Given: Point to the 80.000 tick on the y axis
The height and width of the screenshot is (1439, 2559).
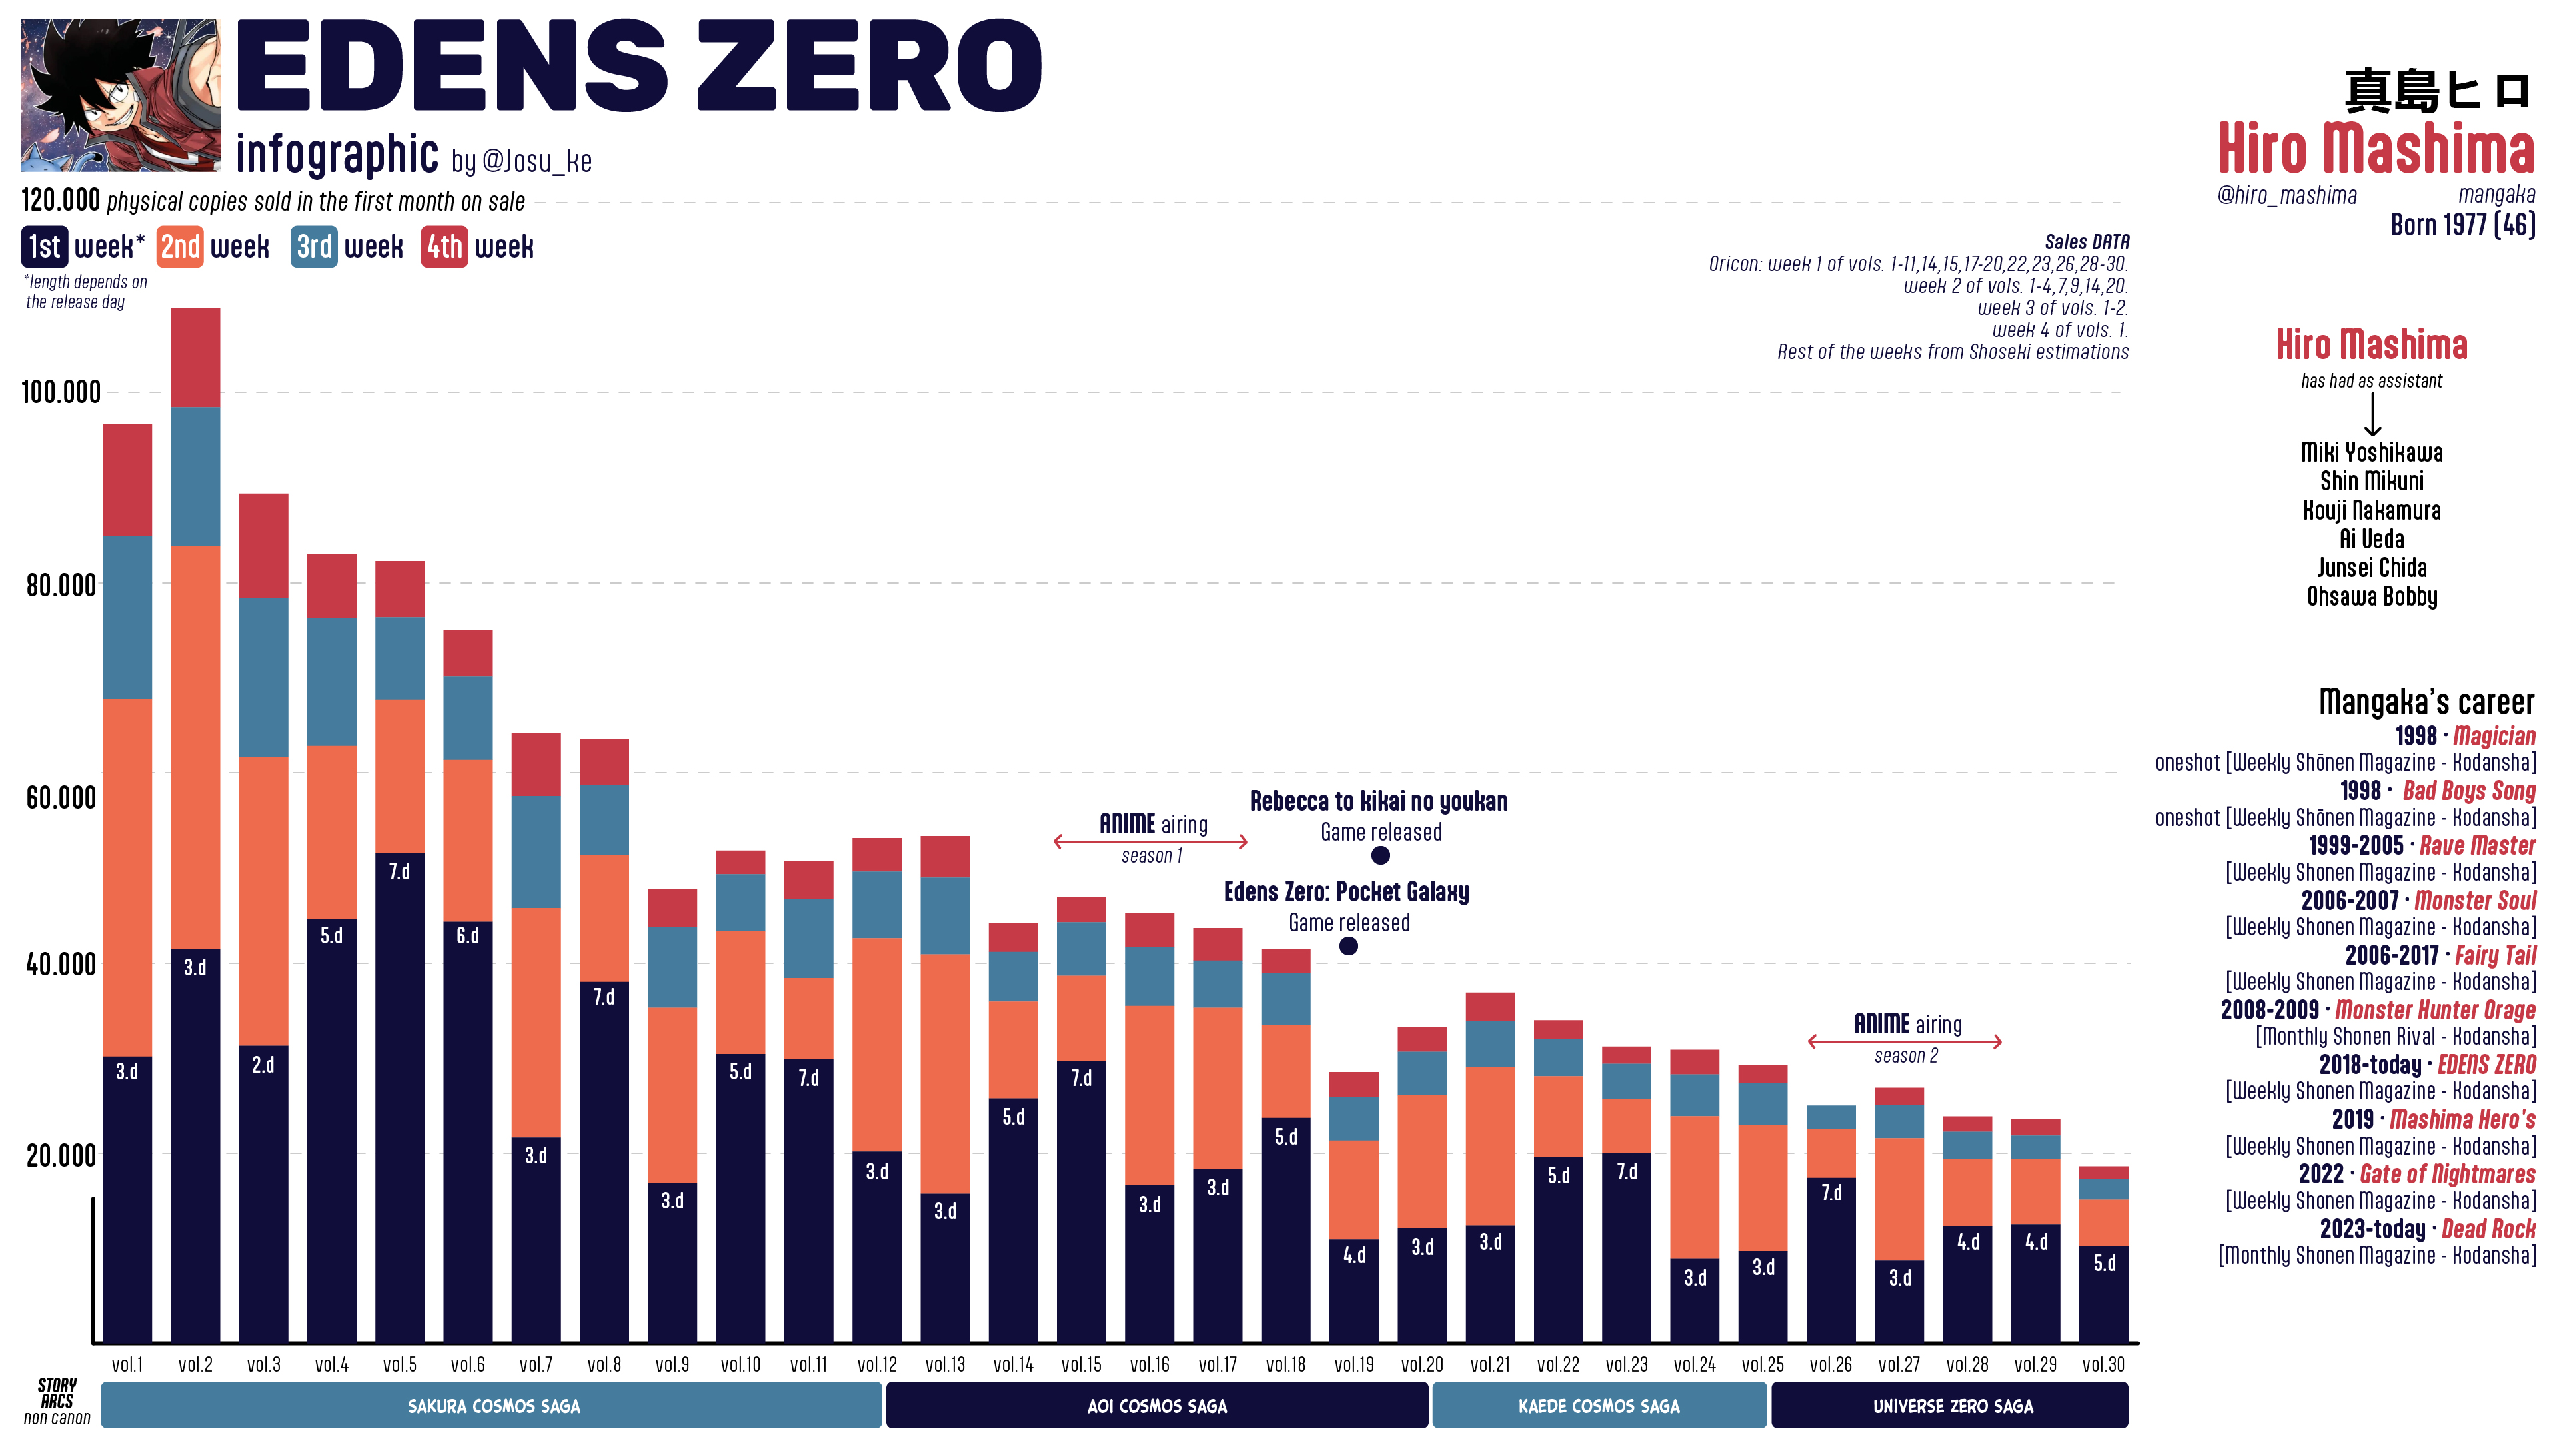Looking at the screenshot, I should [x=61, y=585].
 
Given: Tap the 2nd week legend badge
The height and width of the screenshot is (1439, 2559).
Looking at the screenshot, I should [x=180, y=246].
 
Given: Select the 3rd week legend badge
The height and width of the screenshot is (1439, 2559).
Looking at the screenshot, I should [x=314, y=246].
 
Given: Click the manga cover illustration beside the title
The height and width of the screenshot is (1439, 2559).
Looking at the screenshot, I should [x=120, y=95].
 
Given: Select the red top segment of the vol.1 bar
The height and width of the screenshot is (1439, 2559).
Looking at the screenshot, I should [x=127, y=480].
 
